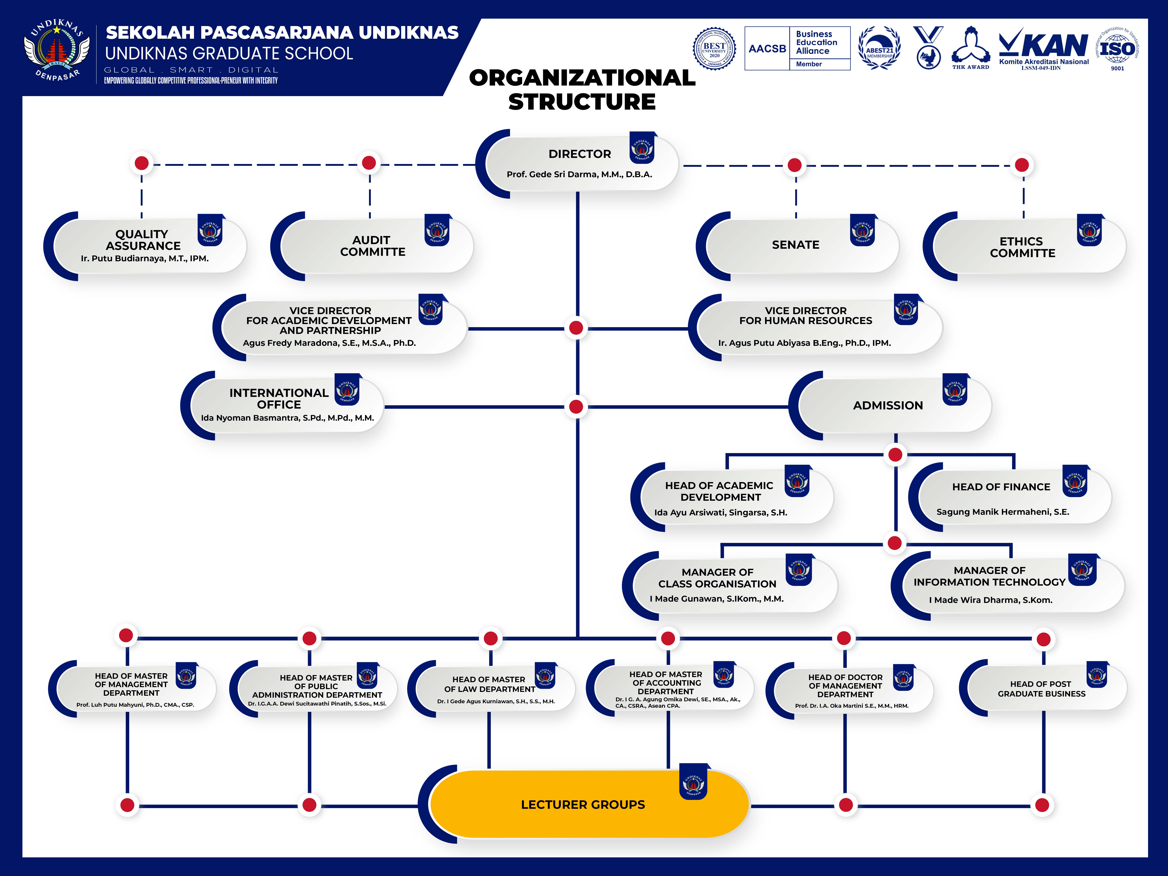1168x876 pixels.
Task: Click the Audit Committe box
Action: click(372, 246)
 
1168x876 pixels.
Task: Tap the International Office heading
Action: click(279, 399)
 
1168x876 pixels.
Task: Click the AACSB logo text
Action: click(767, 49)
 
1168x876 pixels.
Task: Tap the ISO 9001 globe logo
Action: click(1117, 49)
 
